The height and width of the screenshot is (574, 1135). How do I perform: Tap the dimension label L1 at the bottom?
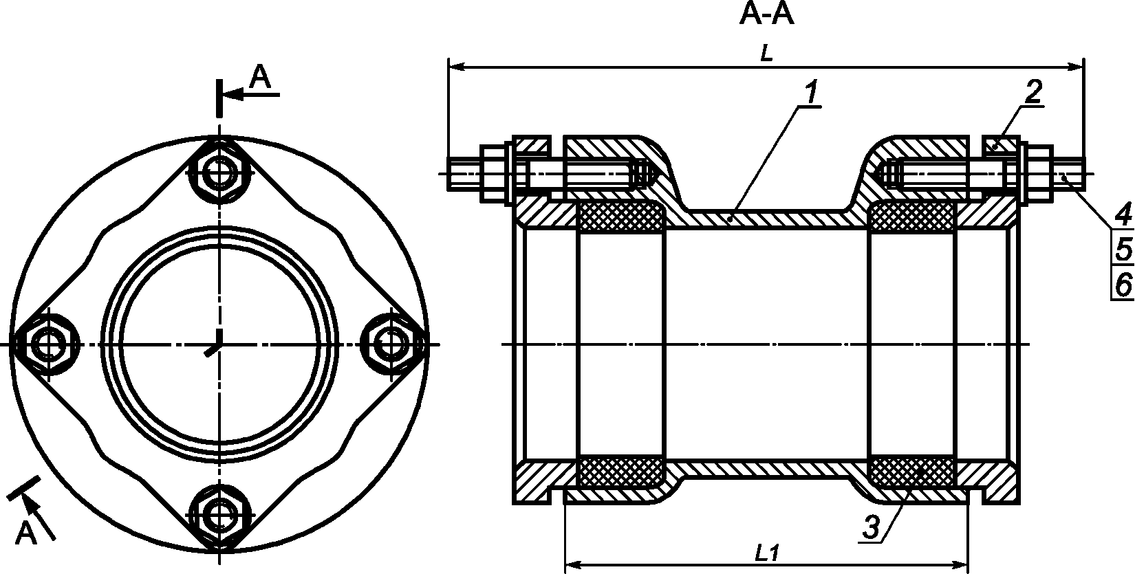[x=766, y=554]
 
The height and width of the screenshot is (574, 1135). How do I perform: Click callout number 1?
[x=811, y=93]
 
